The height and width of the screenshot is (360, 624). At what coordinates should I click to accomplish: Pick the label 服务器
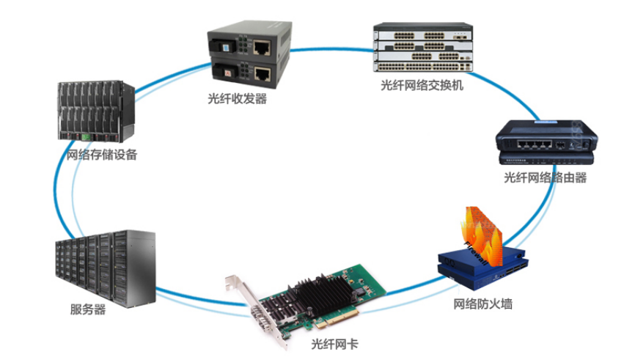pyautogui.click(x=85, y=309)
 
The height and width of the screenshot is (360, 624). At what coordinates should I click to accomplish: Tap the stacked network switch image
pyautogui.click(x=423, y=48)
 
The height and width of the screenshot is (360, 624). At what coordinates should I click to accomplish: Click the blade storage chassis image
pyautogui.click(x=96, y=111)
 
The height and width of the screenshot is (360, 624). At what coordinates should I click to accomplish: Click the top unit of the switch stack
pyautogui.click(x=423, y=32)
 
